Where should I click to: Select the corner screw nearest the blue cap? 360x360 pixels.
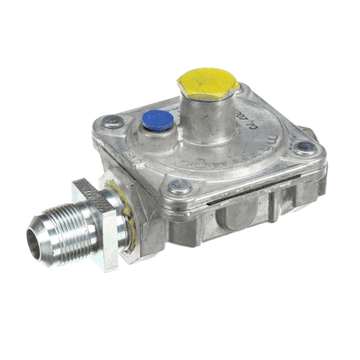[x=113, y=122]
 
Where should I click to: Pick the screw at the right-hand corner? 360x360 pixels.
[x=302, y=148]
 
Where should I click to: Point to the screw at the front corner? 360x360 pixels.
[x=180, y=187]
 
